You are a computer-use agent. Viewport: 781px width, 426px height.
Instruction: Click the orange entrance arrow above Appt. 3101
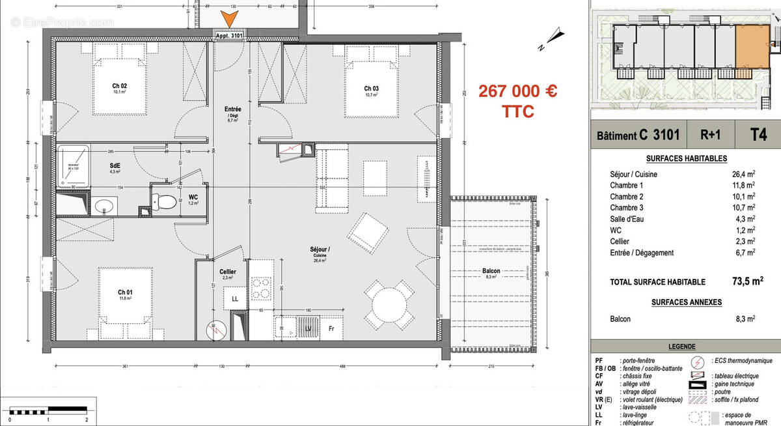[x=229, y=20]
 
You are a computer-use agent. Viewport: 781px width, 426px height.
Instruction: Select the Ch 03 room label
[x=371, y=89]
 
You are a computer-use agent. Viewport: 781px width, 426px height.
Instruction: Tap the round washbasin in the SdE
[x=103, y=207]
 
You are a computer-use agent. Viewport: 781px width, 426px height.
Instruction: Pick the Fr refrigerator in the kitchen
[x=331, y=329]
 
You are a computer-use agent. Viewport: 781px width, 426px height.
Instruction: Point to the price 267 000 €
[x=517, y=91]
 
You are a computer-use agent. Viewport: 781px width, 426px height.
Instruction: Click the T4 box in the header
[x=758, y=135]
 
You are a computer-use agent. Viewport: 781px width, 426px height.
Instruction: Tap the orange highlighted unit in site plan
[x=752, y=51]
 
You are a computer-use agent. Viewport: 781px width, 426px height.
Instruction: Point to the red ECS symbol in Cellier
[x=216, y=330]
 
